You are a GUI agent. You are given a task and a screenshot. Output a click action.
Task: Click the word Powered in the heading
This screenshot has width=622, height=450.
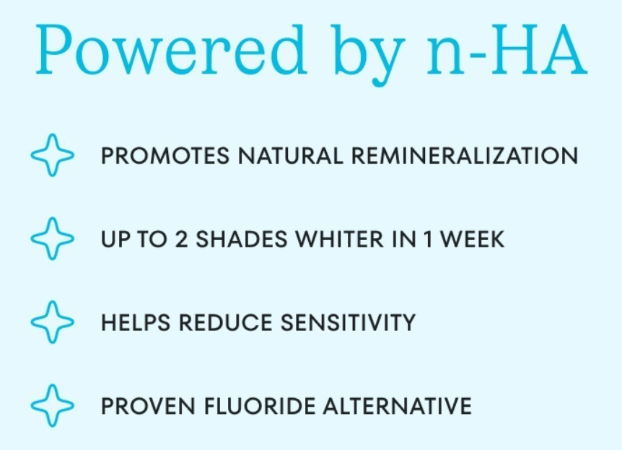point(171,49)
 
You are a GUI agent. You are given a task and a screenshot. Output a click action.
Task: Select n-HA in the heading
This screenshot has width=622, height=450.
point(507,50)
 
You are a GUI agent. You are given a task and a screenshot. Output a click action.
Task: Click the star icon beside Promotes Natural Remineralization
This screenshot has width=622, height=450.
point(53,155)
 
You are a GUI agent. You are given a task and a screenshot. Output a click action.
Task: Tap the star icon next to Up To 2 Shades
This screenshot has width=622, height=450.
point(53,239)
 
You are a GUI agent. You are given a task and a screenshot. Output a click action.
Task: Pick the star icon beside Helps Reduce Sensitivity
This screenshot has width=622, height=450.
point(53,322)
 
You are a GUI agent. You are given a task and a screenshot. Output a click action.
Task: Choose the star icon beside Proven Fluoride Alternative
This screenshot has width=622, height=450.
point(53,405)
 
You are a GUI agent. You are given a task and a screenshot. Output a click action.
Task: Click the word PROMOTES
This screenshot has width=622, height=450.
point(165,156)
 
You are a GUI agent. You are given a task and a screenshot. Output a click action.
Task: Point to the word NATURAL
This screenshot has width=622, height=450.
point(290,156)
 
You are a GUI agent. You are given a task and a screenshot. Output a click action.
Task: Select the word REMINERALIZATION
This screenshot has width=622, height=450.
point(465,156)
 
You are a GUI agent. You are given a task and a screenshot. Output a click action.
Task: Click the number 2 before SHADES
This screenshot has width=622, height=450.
point(181,239)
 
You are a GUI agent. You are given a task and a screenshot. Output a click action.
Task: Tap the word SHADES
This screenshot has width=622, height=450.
point(242,239)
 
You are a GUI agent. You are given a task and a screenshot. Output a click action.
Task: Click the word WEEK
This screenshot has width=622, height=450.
point(473,239)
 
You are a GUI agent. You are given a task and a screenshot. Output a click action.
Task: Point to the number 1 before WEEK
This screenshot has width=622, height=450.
point(428,239)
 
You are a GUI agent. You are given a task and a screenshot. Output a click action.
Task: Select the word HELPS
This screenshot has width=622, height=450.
point(136,322)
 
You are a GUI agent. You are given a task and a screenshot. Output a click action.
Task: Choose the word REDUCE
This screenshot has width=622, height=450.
point(225,322)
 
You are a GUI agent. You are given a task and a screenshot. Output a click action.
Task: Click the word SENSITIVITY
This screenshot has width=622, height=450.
point(348,322)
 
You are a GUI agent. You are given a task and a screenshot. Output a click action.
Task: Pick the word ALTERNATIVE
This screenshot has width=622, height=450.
point(398,406)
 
